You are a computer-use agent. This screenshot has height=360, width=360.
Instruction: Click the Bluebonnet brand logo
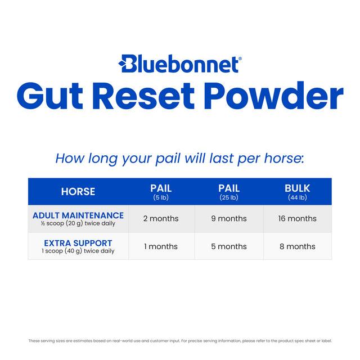180,64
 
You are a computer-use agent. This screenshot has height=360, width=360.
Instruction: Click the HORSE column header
78,191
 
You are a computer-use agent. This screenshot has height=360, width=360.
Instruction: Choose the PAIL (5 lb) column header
161,191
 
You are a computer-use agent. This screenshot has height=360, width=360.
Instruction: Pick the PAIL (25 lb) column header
229,191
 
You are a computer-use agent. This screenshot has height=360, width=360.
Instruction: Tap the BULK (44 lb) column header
297,191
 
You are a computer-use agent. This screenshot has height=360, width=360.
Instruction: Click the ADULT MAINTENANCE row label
78,215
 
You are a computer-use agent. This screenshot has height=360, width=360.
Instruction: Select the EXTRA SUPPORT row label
78,243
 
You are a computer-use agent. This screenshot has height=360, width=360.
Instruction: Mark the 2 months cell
161,218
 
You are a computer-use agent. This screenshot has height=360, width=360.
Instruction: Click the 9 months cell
229,218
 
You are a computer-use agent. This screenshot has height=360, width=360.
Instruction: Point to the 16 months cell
297,218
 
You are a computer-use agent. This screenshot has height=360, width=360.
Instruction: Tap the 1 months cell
161,246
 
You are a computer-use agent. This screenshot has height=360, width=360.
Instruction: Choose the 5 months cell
229,246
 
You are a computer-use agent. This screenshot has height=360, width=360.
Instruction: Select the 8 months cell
297,246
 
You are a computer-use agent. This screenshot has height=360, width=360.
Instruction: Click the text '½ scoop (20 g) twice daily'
78,223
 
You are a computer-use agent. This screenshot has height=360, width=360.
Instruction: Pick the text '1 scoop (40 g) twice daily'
78,251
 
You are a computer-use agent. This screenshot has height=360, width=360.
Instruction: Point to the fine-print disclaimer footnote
180,340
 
